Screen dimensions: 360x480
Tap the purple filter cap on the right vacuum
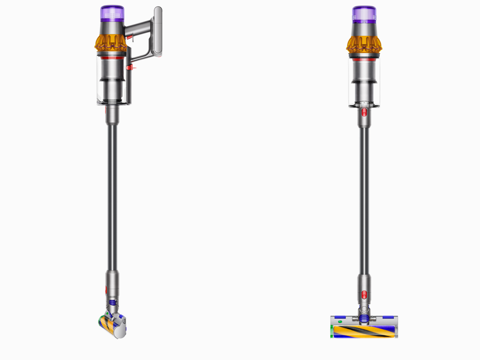364,14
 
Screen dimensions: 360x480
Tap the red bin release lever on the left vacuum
133,68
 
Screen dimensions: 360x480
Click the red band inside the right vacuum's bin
364,60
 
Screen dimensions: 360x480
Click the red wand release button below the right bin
364,112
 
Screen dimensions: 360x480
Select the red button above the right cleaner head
364,294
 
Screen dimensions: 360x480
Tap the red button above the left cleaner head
106,290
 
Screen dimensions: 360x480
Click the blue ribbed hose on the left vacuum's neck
112,302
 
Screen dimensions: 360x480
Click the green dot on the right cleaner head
340,322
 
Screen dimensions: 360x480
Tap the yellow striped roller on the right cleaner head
364,331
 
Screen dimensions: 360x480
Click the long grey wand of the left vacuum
112,195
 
